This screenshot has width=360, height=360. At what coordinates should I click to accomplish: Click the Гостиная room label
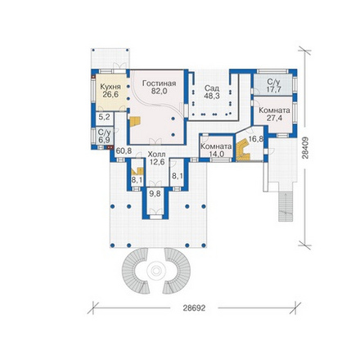tap(159, 83)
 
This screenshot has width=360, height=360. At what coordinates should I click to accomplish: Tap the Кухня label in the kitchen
tap(110, 87)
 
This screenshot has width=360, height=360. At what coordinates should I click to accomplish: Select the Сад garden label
tap(212, 88)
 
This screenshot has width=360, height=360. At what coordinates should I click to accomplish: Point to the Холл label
tap(156, 155)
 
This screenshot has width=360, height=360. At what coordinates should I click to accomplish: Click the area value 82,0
tap(160, 91)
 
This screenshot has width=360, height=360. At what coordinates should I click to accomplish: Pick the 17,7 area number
tap(274, 90)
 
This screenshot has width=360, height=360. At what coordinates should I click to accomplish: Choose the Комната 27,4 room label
tap(274, 115)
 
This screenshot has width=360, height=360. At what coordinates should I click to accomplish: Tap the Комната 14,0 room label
tap(216, 150)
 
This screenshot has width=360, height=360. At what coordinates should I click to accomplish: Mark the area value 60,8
tap(124, 151)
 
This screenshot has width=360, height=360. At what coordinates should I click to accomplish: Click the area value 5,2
tap(104, 117)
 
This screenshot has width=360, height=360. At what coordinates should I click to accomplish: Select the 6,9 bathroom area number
tap(105, 140)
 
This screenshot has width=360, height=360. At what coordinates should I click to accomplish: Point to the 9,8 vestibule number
tap(155, 193)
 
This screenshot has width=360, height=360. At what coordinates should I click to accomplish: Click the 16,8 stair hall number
tap(256, 139)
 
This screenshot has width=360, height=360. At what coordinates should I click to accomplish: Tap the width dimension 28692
tap(194, 308)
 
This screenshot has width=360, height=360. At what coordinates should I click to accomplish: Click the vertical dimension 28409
tap(305, 147)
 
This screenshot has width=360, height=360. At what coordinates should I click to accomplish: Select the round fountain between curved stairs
tap(156, 271)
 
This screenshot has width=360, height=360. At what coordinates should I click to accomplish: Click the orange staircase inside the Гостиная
tap(135, 121)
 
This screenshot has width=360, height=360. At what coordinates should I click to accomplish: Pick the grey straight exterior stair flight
tap(286, 206)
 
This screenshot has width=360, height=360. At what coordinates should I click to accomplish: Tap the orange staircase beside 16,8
tap(243, 150)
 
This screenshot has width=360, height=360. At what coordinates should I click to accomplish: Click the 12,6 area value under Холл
tap(156, 162)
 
